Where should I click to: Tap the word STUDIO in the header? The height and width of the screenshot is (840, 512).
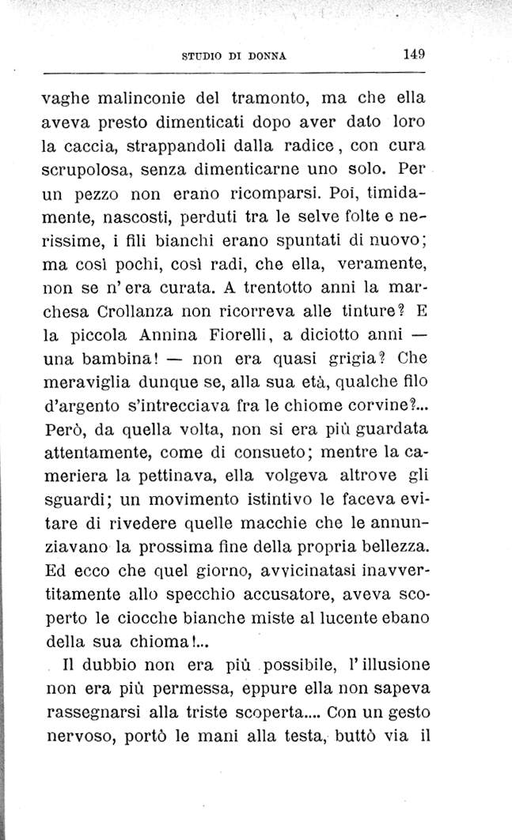201,56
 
